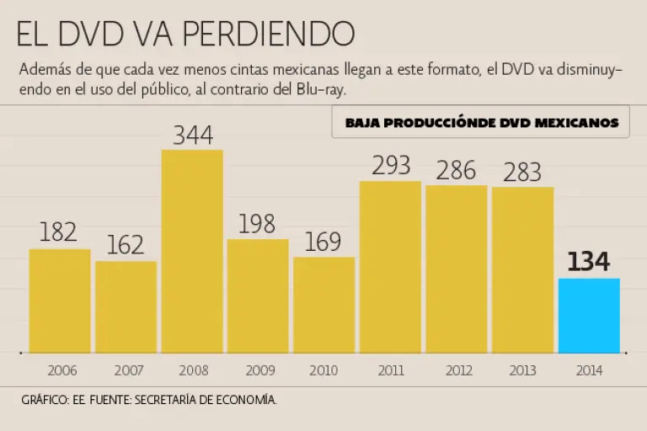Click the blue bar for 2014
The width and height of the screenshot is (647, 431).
click(x=589, y=315)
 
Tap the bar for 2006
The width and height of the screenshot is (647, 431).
click(x=60, y=301)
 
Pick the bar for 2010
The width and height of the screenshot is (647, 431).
click(x=324, y=304)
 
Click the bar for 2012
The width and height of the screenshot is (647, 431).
click(x=457, y=269)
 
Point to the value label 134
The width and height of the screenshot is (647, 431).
click(x=589, y=262)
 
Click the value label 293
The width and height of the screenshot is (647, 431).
click(x=391, y=166)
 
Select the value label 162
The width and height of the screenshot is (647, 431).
click(x=126, y=245)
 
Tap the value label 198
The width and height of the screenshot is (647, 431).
click(x=258, y=224)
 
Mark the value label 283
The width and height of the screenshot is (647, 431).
click(x=522, y=172)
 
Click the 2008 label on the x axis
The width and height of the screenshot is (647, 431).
click(x=192, y=370)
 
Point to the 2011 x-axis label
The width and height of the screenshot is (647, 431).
click(x=391, y=370)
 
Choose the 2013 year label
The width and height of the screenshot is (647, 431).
click(x=522, y=370)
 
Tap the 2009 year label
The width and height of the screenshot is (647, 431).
click(x=258, y=370)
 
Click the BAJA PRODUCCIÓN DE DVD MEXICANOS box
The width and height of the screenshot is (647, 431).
click(x=481, y=122)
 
